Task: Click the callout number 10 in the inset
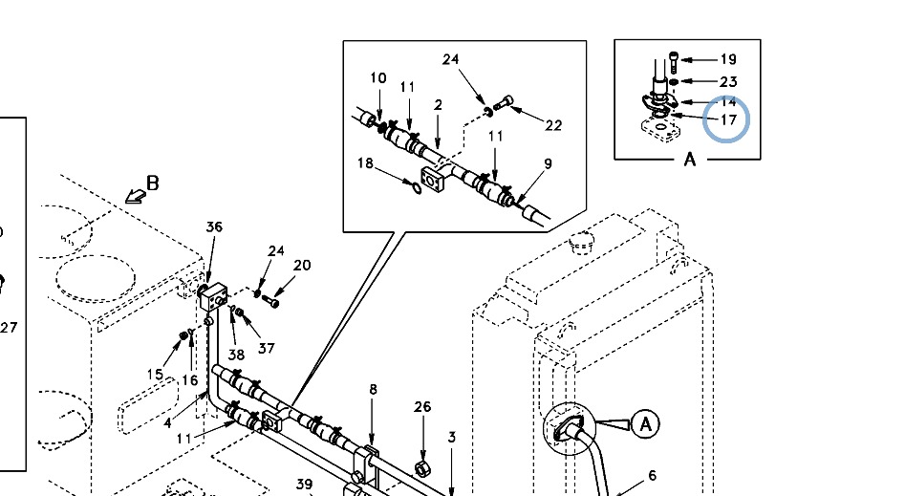pos(378,78)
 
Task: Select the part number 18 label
pos(365,163)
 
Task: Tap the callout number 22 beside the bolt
pos(553,125)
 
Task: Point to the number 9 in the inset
pos(548,163)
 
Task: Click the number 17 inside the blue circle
pos(728,120)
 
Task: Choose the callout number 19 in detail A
pos(728,59)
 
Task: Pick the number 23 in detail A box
pos(728,82)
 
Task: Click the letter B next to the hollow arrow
pos(153,183)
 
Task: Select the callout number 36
pos(214,226)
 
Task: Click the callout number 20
pos(302,266)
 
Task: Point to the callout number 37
pos(266,348)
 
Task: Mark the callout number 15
pos(155,374)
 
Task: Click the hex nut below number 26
pos(420,467)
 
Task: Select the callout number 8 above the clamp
pos(374,389)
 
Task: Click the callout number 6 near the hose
pos(653,475)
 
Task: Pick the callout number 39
pos(304,484)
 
